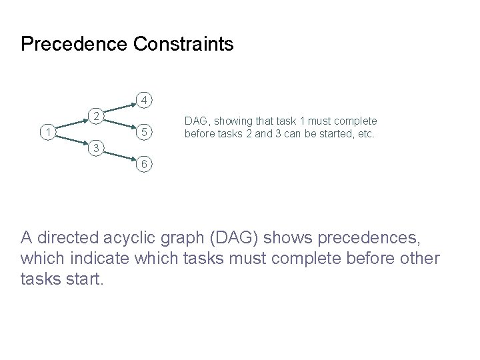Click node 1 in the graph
(x=46, y=133)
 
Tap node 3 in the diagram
(x=97, y=147)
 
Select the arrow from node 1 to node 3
(x=71, y=141)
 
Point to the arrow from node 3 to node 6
(x=121, y=155)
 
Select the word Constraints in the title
(x=183, y=45)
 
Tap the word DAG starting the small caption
(x=195, y=121)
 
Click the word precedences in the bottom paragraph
(x=387, y=238)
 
